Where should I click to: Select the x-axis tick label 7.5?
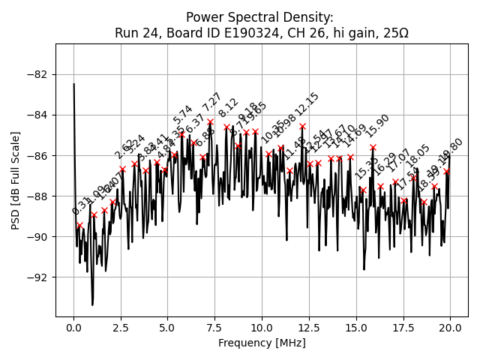click(x=214, y=328)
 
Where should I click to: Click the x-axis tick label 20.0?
click(x=450, y=328)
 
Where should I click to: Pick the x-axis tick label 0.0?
click(x=73, y=328)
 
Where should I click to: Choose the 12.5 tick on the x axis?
click(x=308, y=328)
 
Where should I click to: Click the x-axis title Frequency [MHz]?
click(x=261, y=343)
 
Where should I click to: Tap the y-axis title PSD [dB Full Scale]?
click(x=15, y=180)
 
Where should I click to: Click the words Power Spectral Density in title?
click(x=261, y=17)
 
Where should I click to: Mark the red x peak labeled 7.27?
click(x=210, y=121)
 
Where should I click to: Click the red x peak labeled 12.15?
click(x=302, y=126)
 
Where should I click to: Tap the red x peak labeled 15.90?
click(x=373, y=148)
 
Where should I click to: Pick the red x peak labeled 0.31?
click(x=79, y=225)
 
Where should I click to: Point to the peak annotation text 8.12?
click(x=228, y=108)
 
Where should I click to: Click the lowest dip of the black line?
click(x=92, y=304)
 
